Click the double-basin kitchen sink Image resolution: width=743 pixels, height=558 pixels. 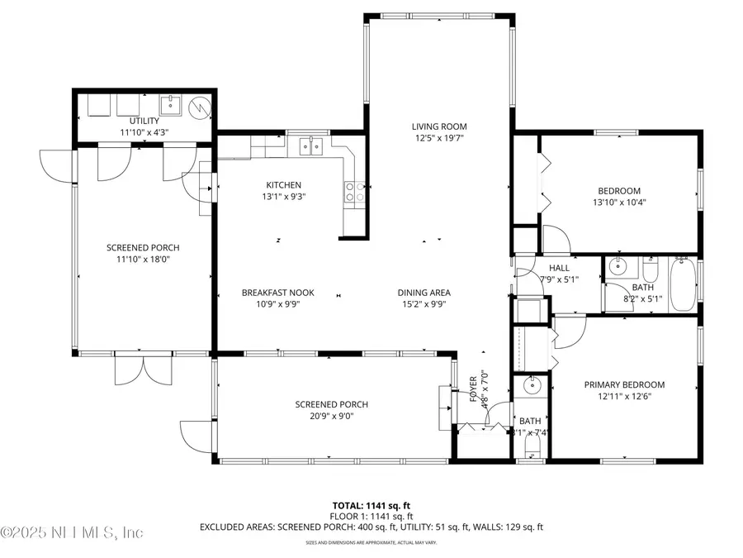311,146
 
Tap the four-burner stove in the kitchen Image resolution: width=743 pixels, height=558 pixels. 355,192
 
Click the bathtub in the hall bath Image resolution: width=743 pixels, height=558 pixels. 683,285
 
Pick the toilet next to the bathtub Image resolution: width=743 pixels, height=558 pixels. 651,270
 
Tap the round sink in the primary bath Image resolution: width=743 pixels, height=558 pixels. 532,384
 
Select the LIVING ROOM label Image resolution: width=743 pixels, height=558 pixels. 438,126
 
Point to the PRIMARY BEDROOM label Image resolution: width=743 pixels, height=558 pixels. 624,384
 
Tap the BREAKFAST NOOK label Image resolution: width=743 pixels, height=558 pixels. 277,293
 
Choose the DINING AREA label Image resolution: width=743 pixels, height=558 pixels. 424,293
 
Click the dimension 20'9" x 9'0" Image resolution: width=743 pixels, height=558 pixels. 331,416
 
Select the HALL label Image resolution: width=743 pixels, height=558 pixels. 559,268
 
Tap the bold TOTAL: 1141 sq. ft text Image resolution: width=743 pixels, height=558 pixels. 371,504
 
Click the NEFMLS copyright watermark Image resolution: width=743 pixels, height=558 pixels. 73,532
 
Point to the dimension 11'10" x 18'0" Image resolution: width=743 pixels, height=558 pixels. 142,259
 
